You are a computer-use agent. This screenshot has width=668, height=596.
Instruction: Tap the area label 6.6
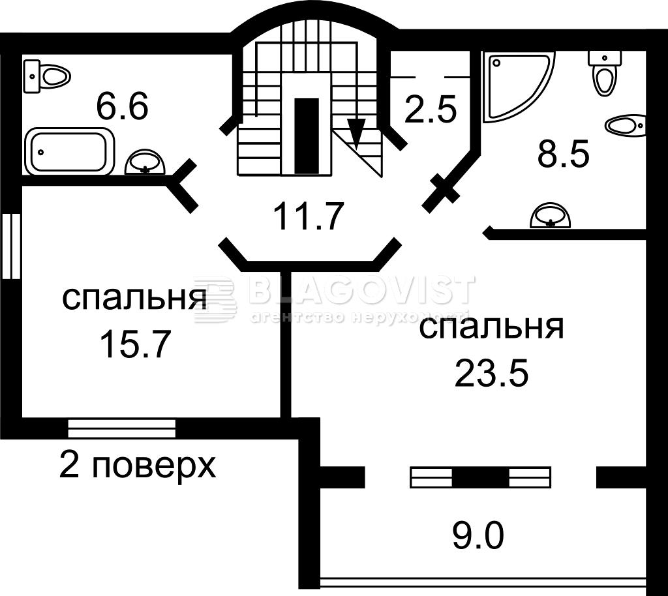(122, 106)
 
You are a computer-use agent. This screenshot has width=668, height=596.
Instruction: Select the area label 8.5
(563, 155)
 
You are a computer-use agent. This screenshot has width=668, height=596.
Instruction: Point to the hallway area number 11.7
(308, 216)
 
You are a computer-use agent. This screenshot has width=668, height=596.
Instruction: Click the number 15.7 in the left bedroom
(134, 343)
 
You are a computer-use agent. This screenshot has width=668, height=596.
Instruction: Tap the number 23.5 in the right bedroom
(491, 373)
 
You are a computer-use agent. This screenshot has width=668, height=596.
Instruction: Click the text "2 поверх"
(138, 466)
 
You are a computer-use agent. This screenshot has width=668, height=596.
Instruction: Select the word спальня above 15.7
(135, 299)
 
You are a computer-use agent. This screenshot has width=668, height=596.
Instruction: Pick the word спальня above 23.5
(491, 327)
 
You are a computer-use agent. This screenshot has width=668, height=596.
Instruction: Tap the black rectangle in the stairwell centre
(307, 136)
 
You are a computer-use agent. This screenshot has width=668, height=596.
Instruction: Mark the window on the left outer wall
(11, 246)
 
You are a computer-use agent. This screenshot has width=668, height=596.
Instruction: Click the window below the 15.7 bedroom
(122, 428)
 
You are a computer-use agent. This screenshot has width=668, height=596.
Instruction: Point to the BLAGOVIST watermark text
(360, 290)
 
